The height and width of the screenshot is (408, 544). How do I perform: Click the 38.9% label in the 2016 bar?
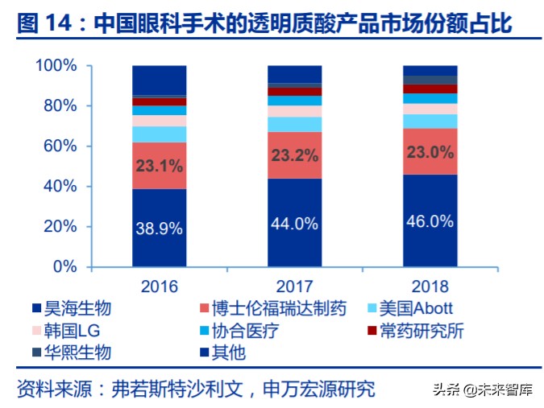(x=160, y=228)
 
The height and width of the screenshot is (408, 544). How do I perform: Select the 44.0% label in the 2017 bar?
(x=295, y=225)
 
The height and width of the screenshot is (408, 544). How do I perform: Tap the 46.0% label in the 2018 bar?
(x=430, y=220)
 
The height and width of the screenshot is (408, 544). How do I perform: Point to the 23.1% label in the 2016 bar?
(x=160, y=167)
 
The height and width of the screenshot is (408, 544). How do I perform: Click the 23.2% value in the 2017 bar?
(x=295, y=156)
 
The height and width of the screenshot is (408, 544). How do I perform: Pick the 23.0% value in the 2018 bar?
(x=430, y=151)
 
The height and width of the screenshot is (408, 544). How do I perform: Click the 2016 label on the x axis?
(x=160, y=286)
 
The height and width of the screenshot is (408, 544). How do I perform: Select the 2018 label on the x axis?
(x=430, y=286)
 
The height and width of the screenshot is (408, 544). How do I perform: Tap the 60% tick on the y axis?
(x=59, y=146)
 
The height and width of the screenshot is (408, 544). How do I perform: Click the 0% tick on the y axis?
(x=64, y=267)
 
